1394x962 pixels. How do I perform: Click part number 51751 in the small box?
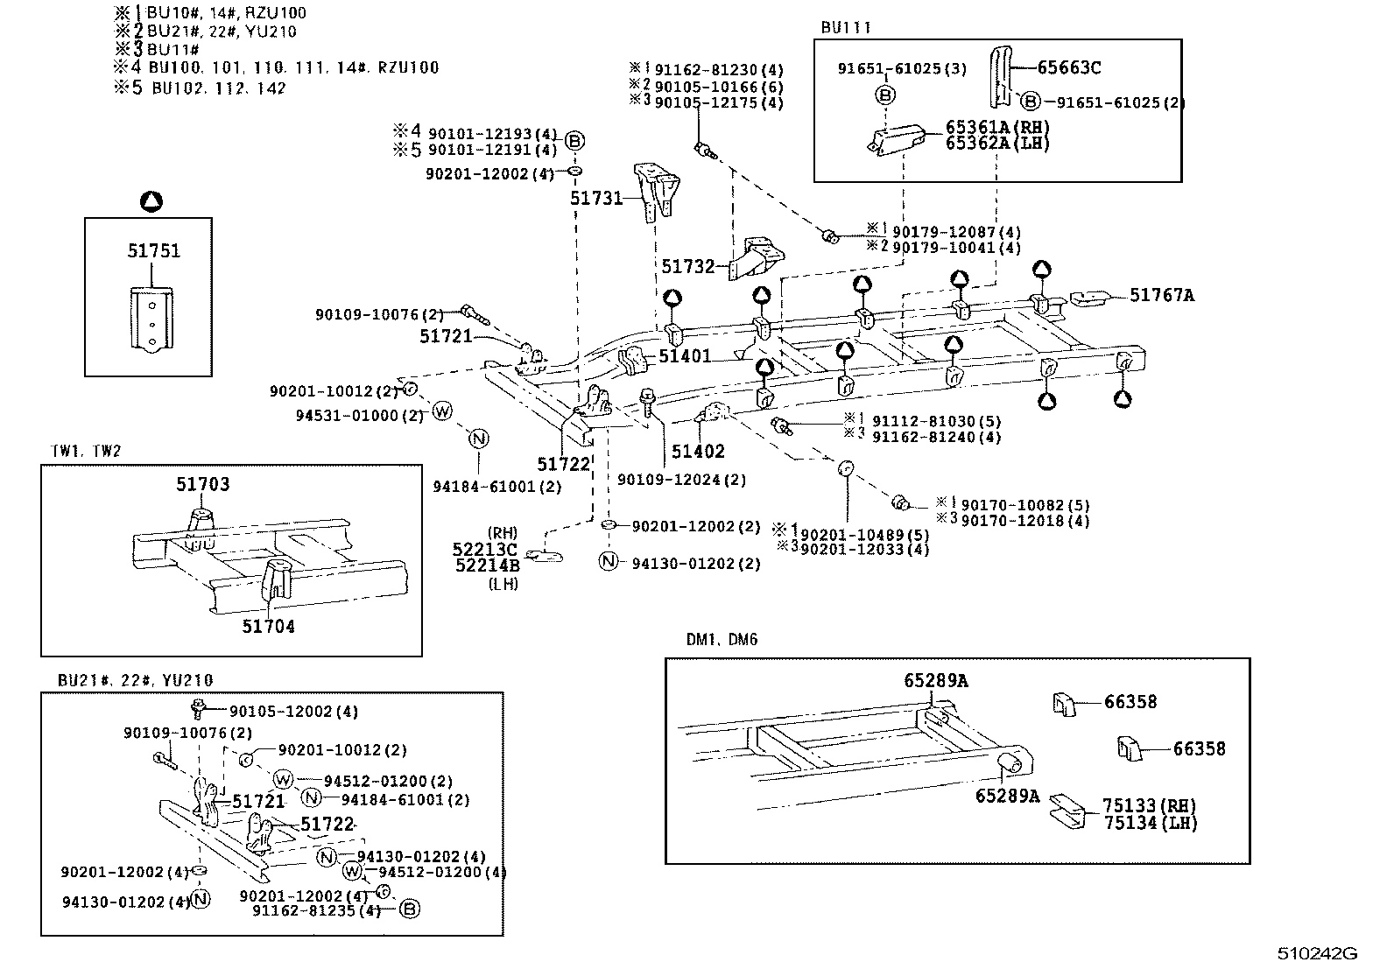click(x=153, y=251)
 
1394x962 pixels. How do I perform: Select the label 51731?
click(x=595, y=199)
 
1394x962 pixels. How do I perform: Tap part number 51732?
click(x=688, y=267)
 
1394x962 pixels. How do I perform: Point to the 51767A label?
click(x=1161, y=296)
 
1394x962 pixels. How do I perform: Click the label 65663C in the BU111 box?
click(x=1069, y=67)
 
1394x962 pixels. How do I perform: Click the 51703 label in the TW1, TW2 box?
click(x=202, y=484)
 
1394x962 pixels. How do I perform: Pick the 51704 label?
click(x=268, y=627)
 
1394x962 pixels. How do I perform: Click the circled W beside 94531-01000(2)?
click(x=443, y=411)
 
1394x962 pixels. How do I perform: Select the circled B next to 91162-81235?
click(x=409, y=909)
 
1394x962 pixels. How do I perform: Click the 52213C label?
click(x=484, y=549)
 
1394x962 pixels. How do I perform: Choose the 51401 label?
click(x=685, y=356)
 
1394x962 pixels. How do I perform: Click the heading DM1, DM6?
click(x=722, y=640)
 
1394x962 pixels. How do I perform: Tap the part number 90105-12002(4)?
click(x=293, y=712)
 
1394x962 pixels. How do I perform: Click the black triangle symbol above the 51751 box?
click(x=151, y=202)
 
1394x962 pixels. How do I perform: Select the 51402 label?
click(x=698, y=452)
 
